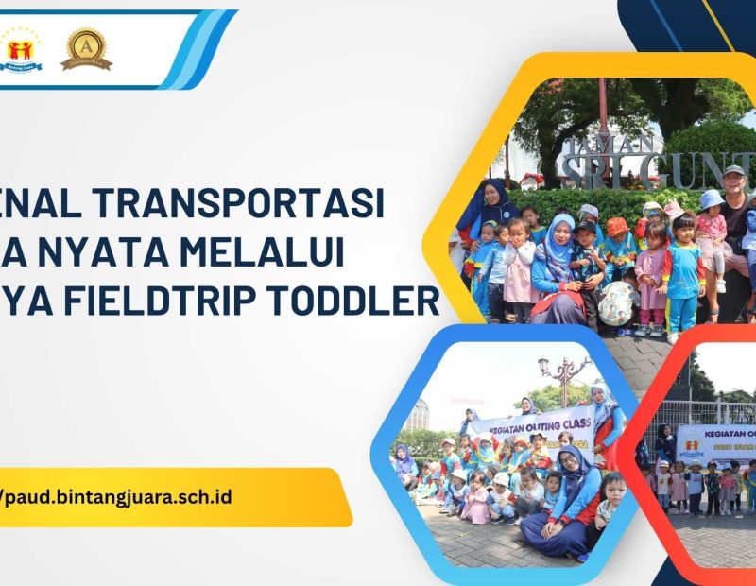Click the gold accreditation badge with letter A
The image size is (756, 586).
[86, 48]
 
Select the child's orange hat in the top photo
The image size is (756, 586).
[616, 226]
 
